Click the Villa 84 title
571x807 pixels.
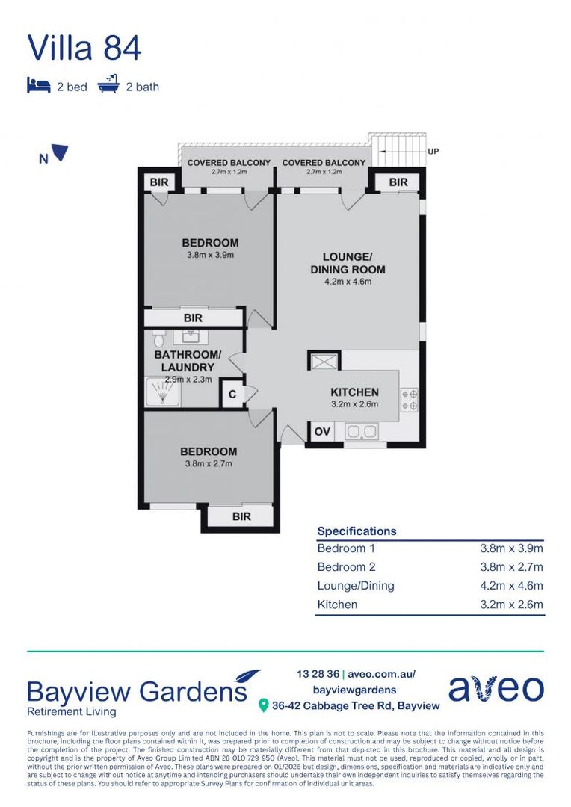(x=84, y=48)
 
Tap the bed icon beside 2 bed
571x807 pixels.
(x=39, y=85)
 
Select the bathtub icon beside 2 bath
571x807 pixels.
(x=108, y=84)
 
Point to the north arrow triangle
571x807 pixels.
(x=61, y=152)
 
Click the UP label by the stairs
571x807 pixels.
(x=433, y=151)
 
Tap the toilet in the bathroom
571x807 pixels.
(x=158, y=339)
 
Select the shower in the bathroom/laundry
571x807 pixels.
(x=163, y=392)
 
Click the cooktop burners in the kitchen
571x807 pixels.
(x=410, y=400)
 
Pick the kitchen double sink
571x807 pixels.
(x=362, y=431)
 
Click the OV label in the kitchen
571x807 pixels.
(x=322, y=431)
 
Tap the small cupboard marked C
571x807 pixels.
(x=232, y=395)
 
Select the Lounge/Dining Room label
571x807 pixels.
(x=348, y=263)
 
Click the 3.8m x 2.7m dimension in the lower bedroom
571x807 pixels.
(x=209, y=464)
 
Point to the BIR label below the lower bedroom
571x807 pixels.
(x=241, y=516)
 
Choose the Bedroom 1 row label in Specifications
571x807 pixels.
(x=346, y=548)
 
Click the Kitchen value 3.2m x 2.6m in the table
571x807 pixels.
(x=511, y=605)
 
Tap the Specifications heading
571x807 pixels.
(x=357, y=531)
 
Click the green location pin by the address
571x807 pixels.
(x=263, y=705)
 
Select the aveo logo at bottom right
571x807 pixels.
(x=496, y=688)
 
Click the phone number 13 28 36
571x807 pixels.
(x=318, y=674)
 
